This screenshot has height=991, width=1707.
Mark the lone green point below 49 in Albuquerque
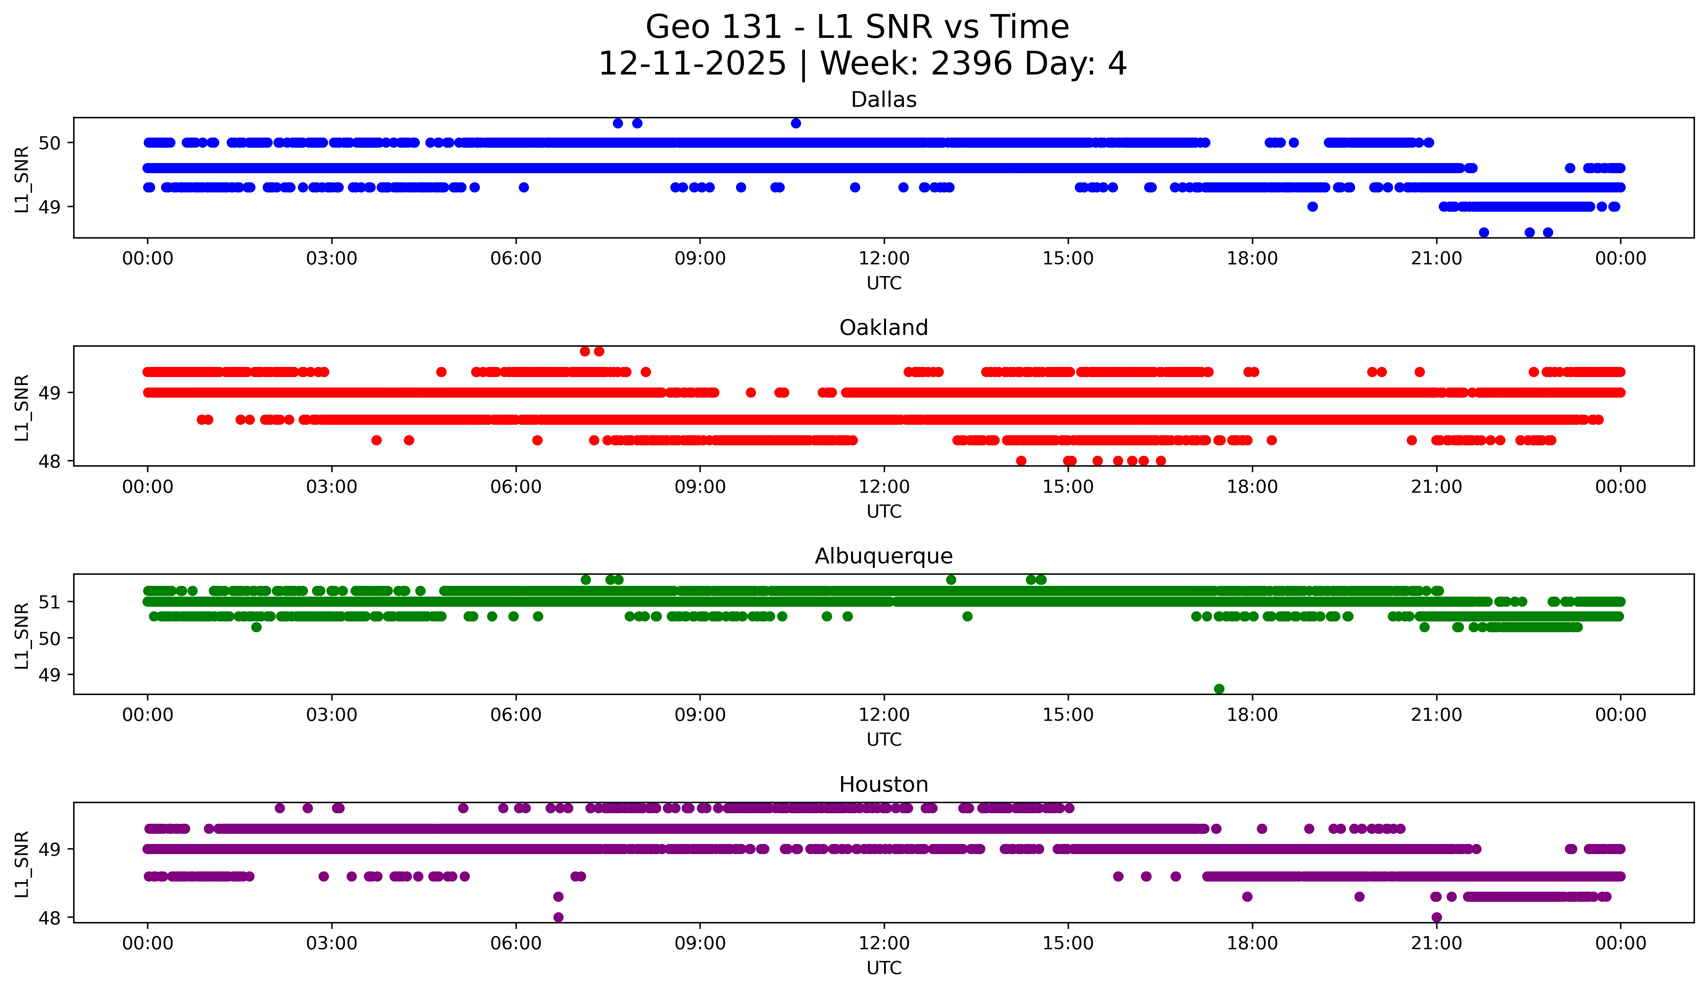[x=1219, y=689]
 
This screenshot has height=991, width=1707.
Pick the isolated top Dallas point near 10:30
[x=796, y=123]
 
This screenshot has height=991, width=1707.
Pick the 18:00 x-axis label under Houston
[x=1252, y=944]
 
